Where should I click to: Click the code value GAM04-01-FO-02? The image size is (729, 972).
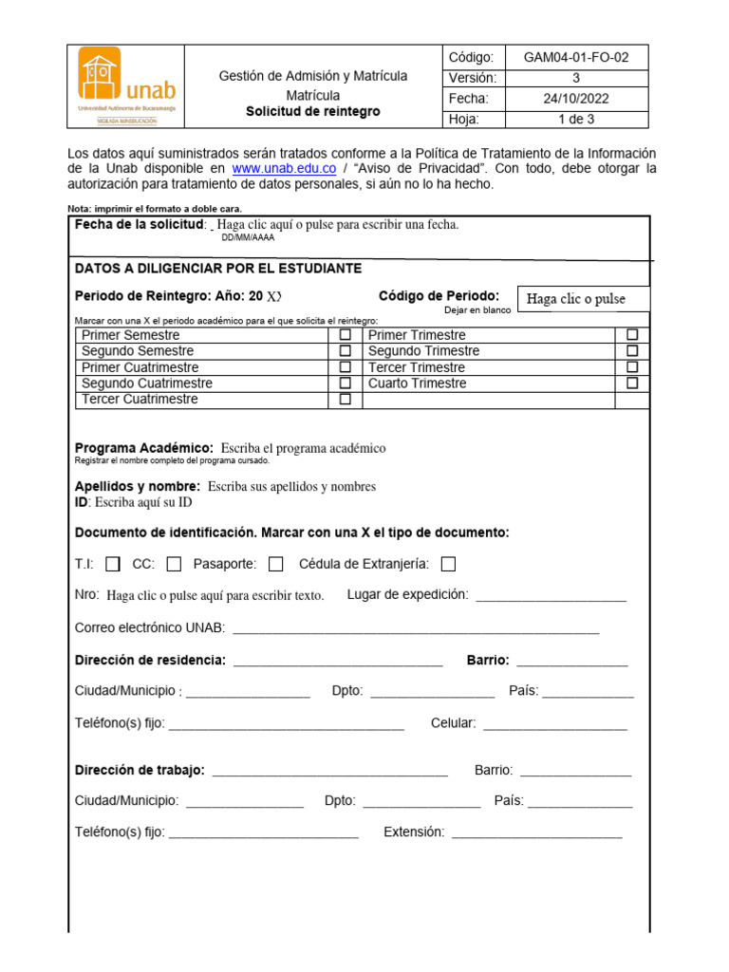pos(575,57)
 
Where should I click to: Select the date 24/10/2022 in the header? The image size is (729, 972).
pos(575,99)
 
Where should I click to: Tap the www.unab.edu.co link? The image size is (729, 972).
pos(284,169)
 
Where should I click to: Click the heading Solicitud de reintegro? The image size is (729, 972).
pos(312,112)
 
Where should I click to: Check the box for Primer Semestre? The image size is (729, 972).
pos(346,335)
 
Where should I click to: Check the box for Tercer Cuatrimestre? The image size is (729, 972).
pos(346,400)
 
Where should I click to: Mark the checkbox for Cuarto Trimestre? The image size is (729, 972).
pos(632,383)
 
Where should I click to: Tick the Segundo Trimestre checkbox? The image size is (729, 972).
pos(632,351)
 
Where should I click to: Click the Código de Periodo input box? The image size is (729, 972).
pos(583,299)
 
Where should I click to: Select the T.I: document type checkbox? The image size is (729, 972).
pos(113,564)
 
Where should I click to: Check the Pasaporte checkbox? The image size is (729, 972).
pos(275,564)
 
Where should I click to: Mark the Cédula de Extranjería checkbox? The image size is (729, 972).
pos(448,564)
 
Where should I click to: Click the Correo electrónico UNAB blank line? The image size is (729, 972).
pos(416,629)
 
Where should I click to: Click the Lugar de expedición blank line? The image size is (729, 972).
pos(551,597)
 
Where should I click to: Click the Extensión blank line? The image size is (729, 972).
pos(536,834)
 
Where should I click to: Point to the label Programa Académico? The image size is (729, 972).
pos(143,448)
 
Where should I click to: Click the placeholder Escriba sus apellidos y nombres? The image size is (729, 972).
pos(291,487)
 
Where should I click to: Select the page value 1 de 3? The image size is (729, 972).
pos(575,120)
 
